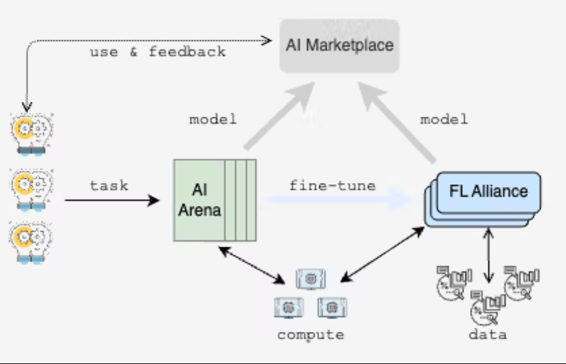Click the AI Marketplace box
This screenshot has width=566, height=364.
click(339, 46)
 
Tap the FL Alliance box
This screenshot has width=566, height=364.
click(488, 192)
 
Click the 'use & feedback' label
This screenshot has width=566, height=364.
click(158, 52)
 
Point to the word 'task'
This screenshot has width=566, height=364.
click(109, 185)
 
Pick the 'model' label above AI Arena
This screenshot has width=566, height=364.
click(213, 120)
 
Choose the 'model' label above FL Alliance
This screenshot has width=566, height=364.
click(444, 120)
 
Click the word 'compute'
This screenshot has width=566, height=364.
click(310, 335)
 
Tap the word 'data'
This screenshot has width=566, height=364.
click(488, 334)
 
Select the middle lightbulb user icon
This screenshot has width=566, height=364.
click(32, 186)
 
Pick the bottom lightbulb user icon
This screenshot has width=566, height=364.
click(32, 242)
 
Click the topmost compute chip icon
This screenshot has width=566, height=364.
click(310, 279)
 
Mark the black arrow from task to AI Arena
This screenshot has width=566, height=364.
click(112, 200)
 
